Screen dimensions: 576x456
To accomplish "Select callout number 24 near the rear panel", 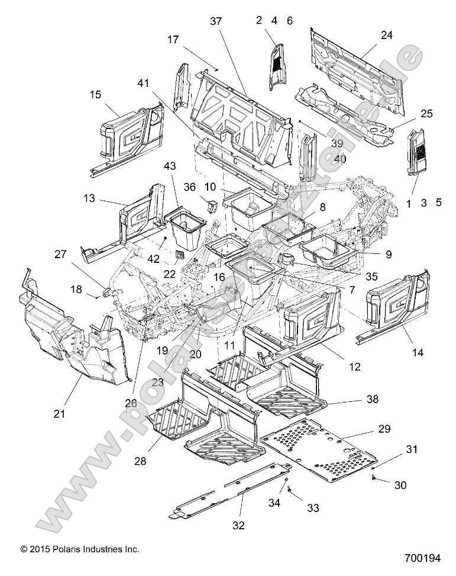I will [x=386, y=36].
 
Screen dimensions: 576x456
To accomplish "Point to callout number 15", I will [x=96, y=95].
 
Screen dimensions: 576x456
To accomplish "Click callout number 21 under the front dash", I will [x=59, y=414].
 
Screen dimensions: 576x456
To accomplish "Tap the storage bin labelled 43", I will [x=187, y=226].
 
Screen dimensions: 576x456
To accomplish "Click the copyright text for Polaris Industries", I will [x=80, y=549].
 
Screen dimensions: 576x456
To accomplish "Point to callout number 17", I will [x=173, y=40].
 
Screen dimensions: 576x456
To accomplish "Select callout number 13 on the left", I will [x=89, y=199].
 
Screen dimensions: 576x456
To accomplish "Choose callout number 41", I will [x=143, y=84].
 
